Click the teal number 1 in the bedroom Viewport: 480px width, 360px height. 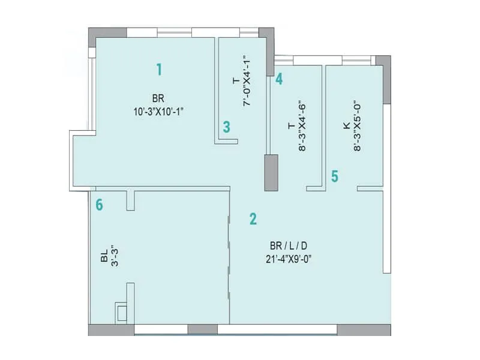159,70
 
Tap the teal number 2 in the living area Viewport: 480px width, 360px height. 253,219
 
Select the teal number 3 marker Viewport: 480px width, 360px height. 226,127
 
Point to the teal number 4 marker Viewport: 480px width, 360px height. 279,79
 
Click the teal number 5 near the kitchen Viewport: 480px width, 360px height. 335,176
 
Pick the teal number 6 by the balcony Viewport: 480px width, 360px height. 100,205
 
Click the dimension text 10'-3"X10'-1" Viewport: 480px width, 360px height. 159,110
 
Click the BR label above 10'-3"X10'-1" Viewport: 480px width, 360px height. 158,98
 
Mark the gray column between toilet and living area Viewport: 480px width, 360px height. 271,173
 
